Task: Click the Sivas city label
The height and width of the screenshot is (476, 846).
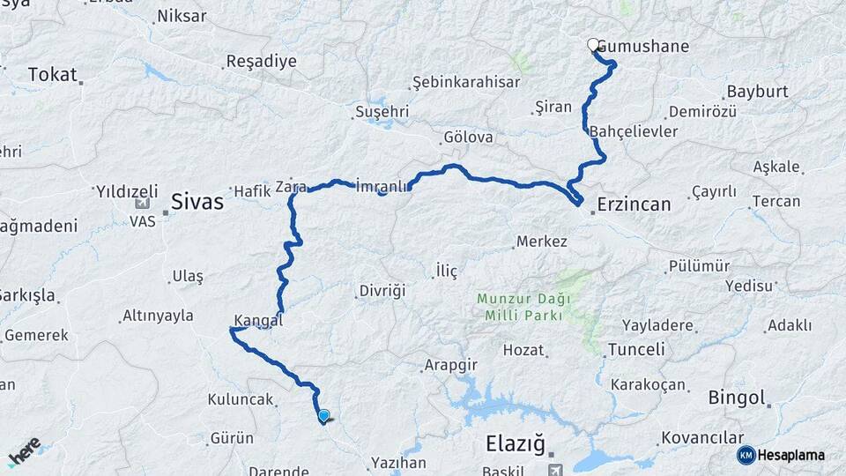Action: click(197, 202)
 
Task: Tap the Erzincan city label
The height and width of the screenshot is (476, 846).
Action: click(634, 204)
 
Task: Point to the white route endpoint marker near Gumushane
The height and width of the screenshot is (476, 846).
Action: click(593, 45)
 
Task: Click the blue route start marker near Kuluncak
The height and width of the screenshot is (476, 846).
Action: click(323, 416)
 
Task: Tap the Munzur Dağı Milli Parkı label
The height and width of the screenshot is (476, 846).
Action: click(523, 306)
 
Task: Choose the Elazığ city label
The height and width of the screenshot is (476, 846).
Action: click(516, 443)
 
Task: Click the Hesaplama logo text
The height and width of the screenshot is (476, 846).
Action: click(790, 455)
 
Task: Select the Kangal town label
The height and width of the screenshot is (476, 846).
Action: click(258, 320)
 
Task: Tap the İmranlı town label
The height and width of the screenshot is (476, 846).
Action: click(382, 186)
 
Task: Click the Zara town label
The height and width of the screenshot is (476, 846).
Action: click(290, 187)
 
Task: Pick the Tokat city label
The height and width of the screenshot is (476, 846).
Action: click(52, 75)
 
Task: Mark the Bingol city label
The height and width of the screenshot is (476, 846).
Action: click(737, 398)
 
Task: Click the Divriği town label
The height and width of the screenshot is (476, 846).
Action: click(382, 290)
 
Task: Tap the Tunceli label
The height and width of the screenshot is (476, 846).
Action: click(636, 350)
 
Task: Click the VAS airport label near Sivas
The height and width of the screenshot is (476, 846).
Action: click(143, 222)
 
